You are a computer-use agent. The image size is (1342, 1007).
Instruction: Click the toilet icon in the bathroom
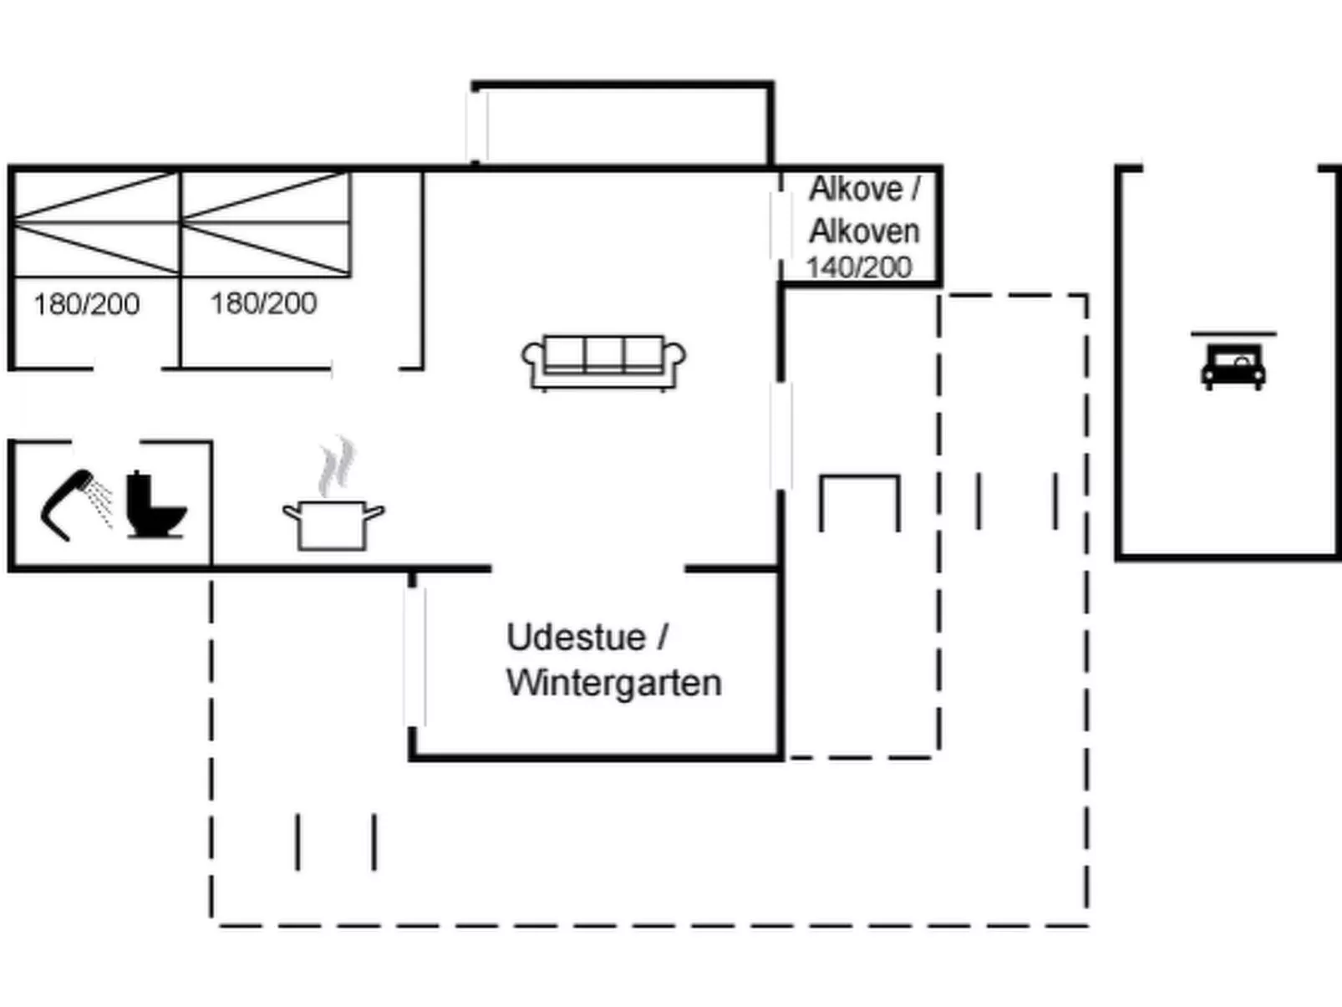point(155,506)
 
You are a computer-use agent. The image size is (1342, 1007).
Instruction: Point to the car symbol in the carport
point(1233,366)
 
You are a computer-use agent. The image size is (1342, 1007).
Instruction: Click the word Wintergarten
point(613,683)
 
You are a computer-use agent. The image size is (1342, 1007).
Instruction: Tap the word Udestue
point(577,638)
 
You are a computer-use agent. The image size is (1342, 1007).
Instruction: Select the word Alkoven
point(864,231)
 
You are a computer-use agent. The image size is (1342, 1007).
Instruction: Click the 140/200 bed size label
point(858,267)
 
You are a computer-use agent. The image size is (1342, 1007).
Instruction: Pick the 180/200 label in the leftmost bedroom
point(86,304)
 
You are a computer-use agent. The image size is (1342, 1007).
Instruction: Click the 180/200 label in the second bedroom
point(263,303)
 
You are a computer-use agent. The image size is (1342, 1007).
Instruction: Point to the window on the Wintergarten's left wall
point(414,656)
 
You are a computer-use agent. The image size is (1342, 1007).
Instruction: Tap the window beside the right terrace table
point(781,435)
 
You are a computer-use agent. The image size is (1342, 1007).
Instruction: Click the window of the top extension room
point(477,125)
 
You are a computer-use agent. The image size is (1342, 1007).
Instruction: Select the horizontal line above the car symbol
point(1233,333)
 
